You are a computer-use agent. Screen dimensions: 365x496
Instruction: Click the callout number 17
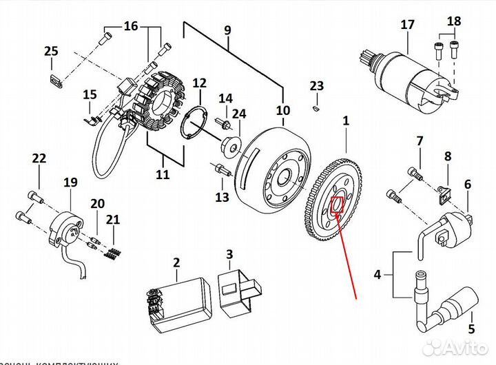[x=407, y=25]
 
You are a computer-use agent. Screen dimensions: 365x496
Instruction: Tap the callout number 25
[x=52, y=51]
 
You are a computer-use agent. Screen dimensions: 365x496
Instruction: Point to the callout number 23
[x=316, y=86]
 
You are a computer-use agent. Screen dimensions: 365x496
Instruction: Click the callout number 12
[x=199, y=83]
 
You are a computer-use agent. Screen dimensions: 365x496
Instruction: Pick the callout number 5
[x=472, y=328]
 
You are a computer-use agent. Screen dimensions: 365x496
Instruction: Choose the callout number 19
[x=70, y=182]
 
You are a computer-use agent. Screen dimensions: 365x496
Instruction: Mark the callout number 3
[x=230, y=255]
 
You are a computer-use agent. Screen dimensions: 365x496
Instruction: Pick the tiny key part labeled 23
[x=316, y=107]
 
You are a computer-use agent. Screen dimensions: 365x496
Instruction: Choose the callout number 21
[x=113, y=220]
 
